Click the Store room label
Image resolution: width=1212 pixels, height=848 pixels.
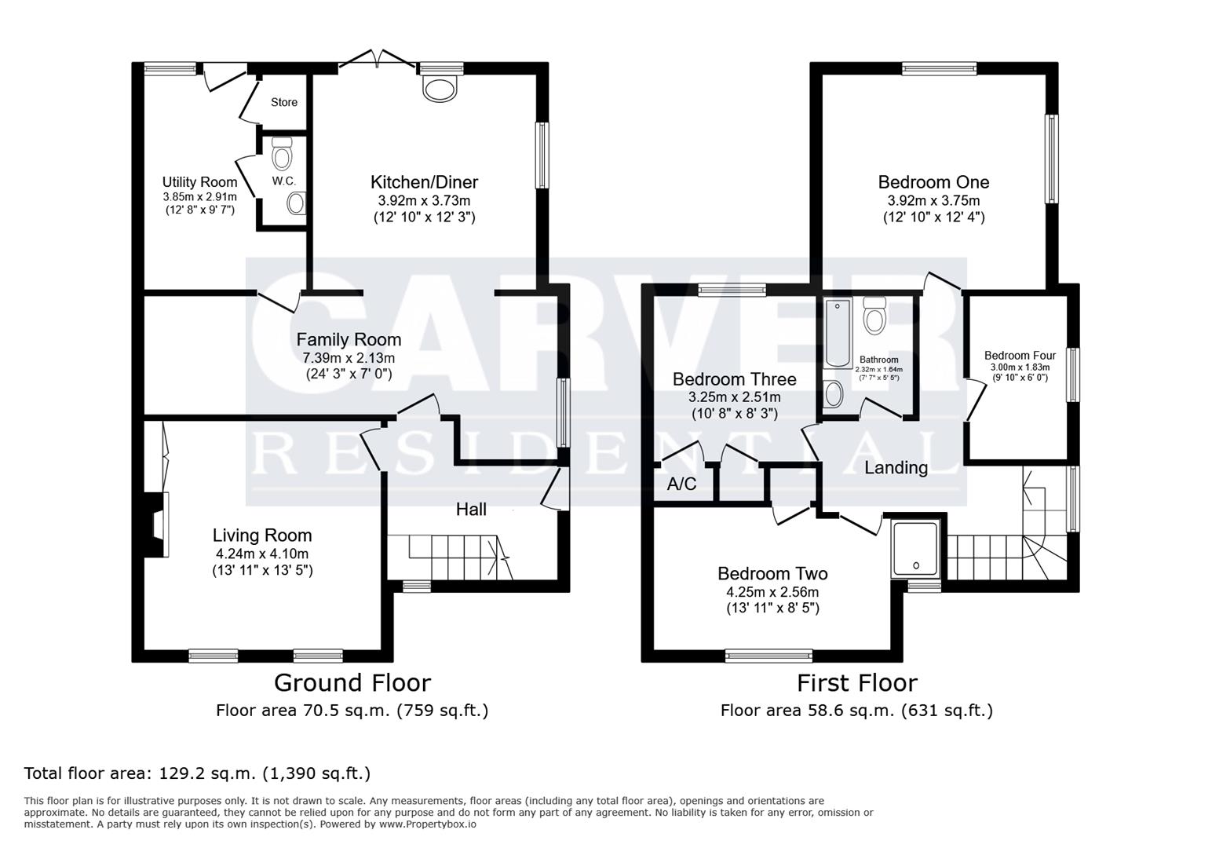tap(284, 102)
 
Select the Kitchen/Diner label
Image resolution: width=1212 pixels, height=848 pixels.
tap(424, 182)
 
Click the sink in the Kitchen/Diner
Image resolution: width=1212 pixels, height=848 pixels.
tap(440, 89)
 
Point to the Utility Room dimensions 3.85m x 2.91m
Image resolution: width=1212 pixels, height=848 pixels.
tap(200, 197)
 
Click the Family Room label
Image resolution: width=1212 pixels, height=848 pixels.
tap(349, 339)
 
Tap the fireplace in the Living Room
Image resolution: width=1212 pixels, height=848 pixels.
tap(156, 525)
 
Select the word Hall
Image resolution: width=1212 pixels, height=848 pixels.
tap(471, 510)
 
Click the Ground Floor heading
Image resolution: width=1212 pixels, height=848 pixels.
tap(352, 683)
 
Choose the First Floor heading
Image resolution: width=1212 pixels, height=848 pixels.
tap(857, 683)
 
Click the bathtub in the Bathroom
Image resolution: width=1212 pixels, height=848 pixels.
tap(838, 332)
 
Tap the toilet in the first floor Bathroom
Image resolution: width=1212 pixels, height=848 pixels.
tap(874, 315)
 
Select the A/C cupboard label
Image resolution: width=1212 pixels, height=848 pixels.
tap(681, 484)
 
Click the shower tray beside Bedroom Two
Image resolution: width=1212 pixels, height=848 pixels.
tap(915, 549)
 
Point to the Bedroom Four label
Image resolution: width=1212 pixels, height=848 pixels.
tap(1020, 356)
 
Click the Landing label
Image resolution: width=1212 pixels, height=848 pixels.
tap(896, 467)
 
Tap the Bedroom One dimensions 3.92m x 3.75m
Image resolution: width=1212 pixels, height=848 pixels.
tap(934, 201)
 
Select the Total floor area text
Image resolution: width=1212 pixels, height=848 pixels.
tap(198, 774)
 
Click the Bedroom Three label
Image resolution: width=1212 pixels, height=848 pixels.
tap(734, 378)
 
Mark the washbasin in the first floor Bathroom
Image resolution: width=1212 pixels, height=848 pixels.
tap(834, 394)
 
